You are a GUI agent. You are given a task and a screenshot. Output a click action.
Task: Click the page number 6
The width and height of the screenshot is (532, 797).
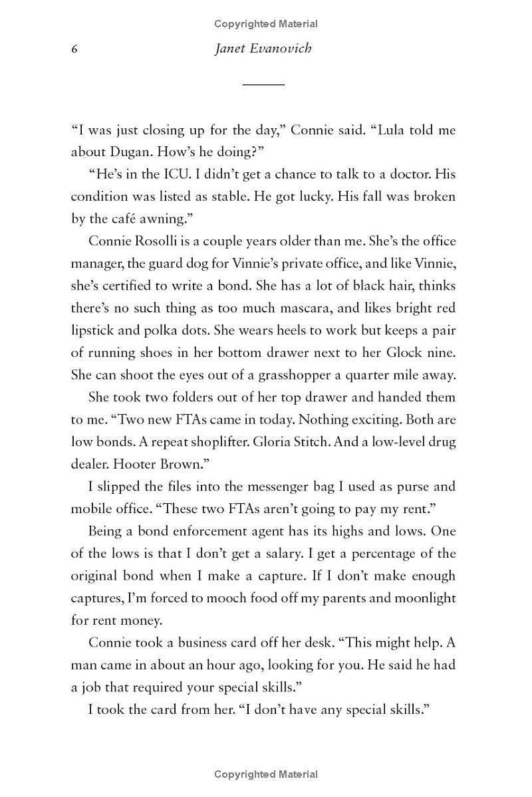75,50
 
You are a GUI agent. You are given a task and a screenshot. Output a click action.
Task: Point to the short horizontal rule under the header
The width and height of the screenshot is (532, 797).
263,84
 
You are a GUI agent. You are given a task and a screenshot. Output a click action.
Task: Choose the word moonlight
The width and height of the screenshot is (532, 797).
420,598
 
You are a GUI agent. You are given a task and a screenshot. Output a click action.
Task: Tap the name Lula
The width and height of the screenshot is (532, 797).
394,130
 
